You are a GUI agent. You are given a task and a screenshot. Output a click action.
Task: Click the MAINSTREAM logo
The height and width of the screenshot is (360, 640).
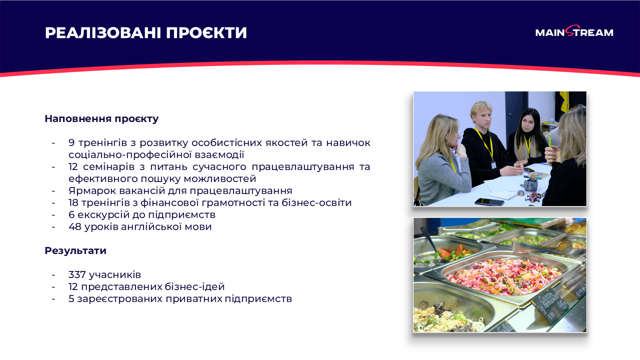[574, 32]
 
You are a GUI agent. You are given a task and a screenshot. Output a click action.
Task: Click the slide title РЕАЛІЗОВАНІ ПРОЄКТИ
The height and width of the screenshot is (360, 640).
[146, 33]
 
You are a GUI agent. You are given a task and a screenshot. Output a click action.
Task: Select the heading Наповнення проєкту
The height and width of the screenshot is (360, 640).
[101, 119]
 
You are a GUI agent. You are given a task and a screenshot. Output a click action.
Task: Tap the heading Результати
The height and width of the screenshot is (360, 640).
[75, 251]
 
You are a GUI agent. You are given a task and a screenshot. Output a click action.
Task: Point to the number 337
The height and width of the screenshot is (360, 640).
[77, 275]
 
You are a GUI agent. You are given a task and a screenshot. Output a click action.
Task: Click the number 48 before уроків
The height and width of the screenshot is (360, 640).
[75, 227]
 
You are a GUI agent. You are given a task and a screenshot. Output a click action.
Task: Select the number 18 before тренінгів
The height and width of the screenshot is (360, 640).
[74, 203]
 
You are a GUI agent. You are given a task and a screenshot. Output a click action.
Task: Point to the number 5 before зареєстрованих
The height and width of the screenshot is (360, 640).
[71, 299]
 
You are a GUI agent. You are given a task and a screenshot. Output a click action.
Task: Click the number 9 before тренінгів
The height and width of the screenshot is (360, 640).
[71, 143]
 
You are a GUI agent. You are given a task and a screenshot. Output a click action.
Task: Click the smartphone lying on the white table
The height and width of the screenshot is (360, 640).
[489, 201]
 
